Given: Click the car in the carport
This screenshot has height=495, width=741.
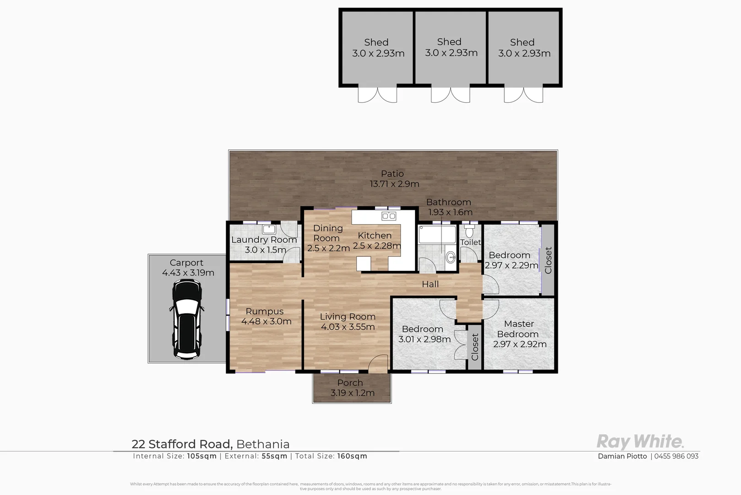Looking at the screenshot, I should click(x=186, y=319).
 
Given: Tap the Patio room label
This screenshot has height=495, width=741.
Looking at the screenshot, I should click(x=392, y=174).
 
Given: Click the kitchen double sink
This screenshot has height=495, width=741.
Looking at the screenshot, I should click(x=389, y=216).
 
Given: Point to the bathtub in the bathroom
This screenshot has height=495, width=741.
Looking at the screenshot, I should click(x=437, y=234).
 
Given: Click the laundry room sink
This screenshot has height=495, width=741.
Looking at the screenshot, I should click(x=269, y=229).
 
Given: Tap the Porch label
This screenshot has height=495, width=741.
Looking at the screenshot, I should click(x=350, y=383).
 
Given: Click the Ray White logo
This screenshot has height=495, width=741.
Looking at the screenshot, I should click(x=640, y=442).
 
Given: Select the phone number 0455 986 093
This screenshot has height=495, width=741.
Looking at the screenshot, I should click(x=676, y=456).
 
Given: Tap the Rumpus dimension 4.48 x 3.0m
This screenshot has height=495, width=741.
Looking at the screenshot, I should click(x=266, y=321).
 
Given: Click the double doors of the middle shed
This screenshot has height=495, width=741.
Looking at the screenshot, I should click(x=450, y=94).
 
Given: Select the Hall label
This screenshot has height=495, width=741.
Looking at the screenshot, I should click(x=430, y=284).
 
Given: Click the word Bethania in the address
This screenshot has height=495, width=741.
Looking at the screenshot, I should click(x=263, y=444).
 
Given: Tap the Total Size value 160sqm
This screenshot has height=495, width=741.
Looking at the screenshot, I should click(x=352, y=456).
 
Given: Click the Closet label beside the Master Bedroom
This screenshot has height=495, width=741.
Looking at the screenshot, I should click(x=474, y=347).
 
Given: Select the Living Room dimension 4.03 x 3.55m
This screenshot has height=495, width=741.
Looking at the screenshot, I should click(x=348, y=327).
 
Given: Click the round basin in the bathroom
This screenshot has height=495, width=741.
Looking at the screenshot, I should click(x=451, y=258).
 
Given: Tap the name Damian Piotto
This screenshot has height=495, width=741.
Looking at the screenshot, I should click(x=622, y=456).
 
